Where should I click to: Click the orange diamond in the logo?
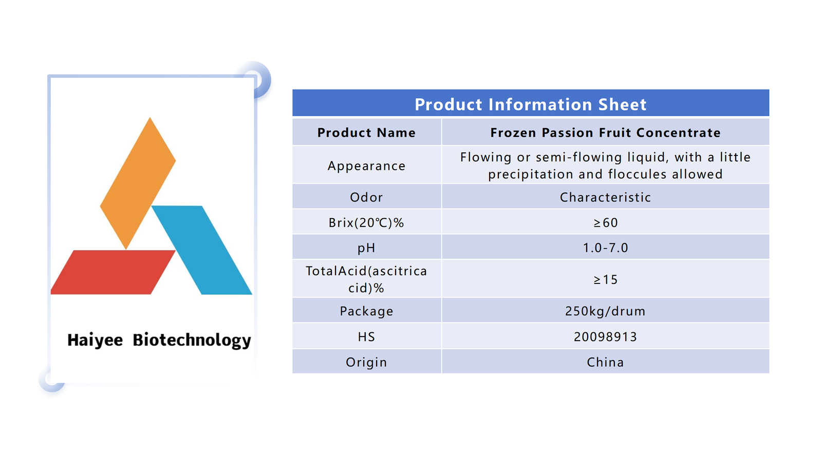(138, 183)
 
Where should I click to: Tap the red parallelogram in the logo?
(113, 272)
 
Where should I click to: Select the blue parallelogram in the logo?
(202, 250)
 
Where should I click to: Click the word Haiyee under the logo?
(95, 340)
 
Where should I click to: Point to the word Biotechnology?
(192, 341)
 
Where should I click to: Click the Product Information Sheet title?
(531, 105)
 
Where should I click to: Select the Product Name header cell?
(367, 133)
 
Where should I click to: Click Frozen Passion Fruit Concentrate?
(606, 133)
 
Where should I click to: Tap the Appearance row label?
(367, 166)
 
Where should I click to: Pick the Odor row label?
(367, 198)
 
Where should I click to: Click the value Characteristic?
(606, 198)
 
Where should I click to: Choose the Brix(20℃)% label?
(366, 223)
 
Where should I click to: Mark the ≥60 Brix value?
(606, 223)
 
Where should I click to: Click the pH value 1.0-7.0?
(606, 248)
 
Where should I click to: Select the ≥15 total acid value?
(606, 280)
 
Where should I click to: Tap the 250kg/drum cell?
(606, 311)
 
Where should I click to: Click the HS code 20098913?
(606, 337)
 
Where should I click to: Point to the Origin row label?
(367, 363)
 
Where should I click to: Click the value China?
(606, 362)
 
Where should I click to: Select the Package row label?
(367, 312)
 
